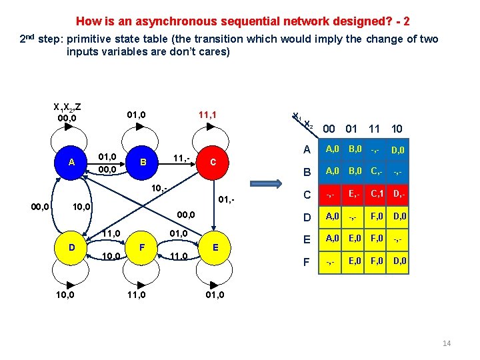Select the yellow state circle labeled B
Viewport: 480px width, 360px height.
pos(142,162)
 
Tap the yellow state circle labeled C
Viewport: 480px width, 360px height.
pos(212,162)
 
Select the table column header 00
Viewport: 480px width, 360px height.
pos(329,129)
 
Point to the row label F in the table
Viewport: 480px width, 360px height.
pos(306,263)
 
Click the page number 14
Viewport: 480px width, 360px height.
pos(446,343)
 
